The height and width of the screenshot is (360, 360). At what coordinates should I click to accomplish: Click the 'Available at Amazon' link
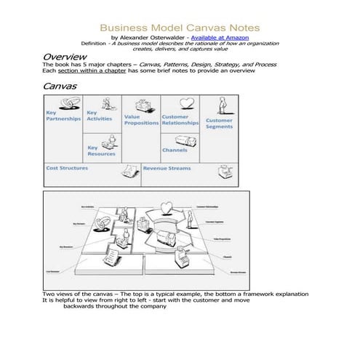point(218,36)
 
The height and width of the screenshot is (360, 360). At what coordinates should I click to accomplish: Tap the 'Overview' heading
point(65,57)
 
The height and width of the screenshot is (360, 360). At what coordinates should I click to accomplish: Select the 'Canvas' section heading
point(60,86)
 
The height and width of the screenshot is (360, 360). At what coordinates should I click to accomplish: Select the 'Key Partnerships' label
point(63,116)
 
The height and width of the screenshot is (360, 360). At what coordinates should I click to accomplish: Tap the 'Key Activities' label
point(99,116)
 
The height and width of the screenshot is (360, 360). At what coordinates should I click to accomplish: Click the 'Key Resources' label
point(101,151)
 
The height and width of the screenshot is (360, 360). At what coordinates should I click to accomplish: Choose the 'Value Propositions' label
point(141,120)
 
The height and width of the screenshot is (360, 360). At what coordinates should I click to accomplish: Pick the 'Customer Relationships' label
point(180,120)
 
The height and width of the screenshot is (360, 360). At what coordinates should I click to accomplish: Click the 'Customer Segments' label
point(219,124)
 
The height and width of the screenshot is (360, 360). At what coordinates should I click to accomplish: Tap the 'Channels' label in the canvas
point(175,151)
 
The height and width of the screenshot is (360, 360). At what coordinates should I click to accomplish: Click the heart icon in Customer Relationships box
point(186,103)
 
